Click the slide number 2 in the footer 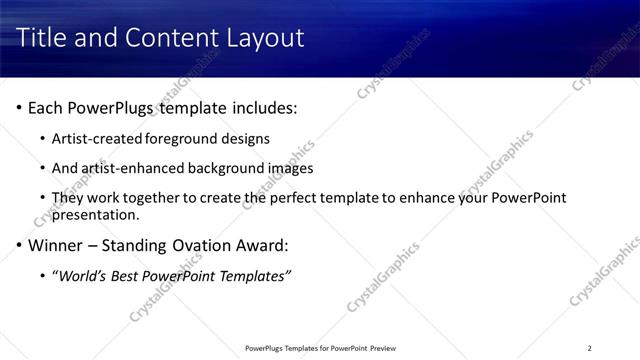(x=589, y=348)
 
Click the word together (x=153, y=198)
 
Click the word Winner (x=57, y=245)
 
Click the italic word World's (x=81, y=275)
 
